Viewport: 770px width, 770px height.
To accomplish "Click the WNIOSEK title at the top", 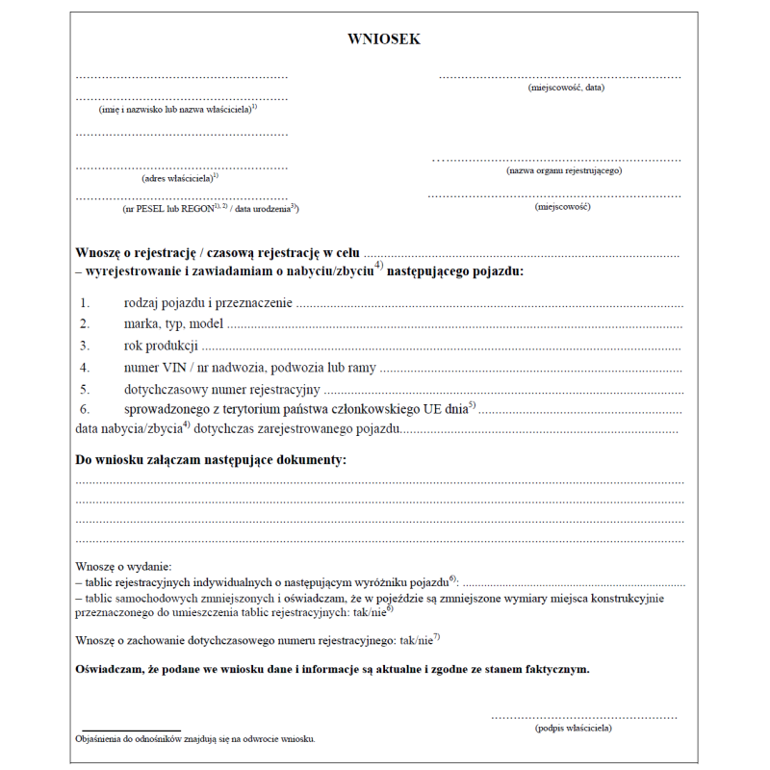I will [x=384, y=39].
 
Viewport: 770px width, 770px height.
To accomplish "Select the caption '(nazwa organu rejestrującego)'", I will [x=564, y=170].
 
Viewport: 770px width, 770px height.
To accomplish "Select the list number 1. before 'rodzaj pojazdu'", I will [x=85, y=303].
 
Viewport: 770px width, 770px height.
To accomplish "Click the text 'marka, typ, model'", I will [x=173, y=323].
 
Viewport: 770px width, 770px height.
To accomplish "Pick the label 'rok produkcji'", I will [x=161, y=346].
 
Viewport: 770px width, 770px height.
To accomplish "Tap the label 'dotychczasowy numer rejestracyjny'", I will [x=221, y=390].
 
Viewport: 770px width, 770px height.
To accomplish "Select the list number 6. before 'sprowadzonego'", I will [x=85, y=410].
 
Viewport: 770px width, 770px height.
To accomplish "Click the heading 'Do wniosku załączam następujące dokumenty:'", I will [x=211, y=460].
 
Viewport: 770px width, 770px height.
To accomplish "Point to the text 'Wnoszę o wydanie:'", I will [x=123, y=567].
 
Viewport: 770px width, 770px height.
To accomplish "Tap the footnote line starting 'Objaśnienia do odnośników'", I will [x=194, y=739].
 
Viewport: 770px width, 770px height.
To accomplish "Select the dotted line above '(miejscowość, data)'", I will [x=560, y=76].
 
